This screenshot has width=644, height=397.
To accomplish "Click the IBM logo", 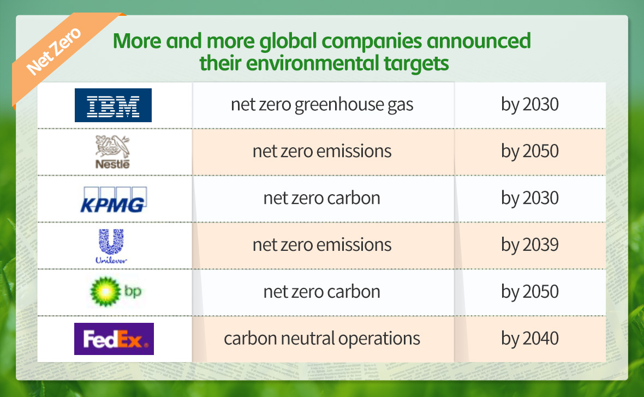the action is pyautogui.click(x=113, y=105).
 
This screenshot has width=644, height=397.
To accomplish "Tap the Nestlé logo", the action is pyautogui.click(x=112, y=152).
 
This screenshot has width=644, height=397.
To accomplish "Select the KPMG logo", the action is pyautogui.click(x=114, y=200).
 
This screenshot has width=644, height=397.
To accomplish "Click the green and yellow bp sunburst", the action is pyautogui.click(x=105, y=292).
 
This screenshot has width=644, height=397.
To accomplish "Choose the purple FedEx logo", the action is pyautogui.click(x=114, y=339).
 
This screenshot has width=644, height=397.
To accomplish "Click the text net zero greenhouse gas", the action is pyautogui.click(x=322, y=105).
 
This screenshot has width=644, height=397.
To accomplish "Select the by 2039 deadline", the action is pyautogui.click(x=530, y=245).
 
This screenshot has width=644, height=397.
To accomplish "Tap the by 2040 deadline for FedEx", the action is pyautogui.click(x=530, y=339).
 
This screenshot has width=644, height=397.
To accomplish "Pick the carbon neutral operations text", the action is pyautogui.click(x=322, y=339).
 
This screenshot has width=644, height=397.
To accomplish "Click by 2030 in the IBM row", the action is pyautogui.click(x=530, y=105).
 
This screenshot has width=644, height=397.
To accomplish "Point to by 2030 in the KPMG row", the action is pyautogui.click(x=530, y=198).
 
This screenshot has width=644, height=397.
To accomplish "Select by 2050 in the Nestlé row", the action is pyautogui.click(x=530, y=152).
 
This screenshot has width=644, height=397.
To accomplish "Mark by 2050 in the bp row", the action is pyautogui.click(x=530, y=292).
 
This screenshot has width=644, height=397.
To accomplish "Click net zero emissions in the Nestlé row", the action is pyautogui.click(x=322, y=151).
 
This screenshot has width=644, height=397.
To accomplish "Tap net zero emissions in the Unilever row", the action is pyautogui.click(x=322, y=245).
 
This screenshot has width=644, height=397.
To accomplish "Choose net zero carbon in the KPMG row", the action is pyautogui.click(x=322, y=198).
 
